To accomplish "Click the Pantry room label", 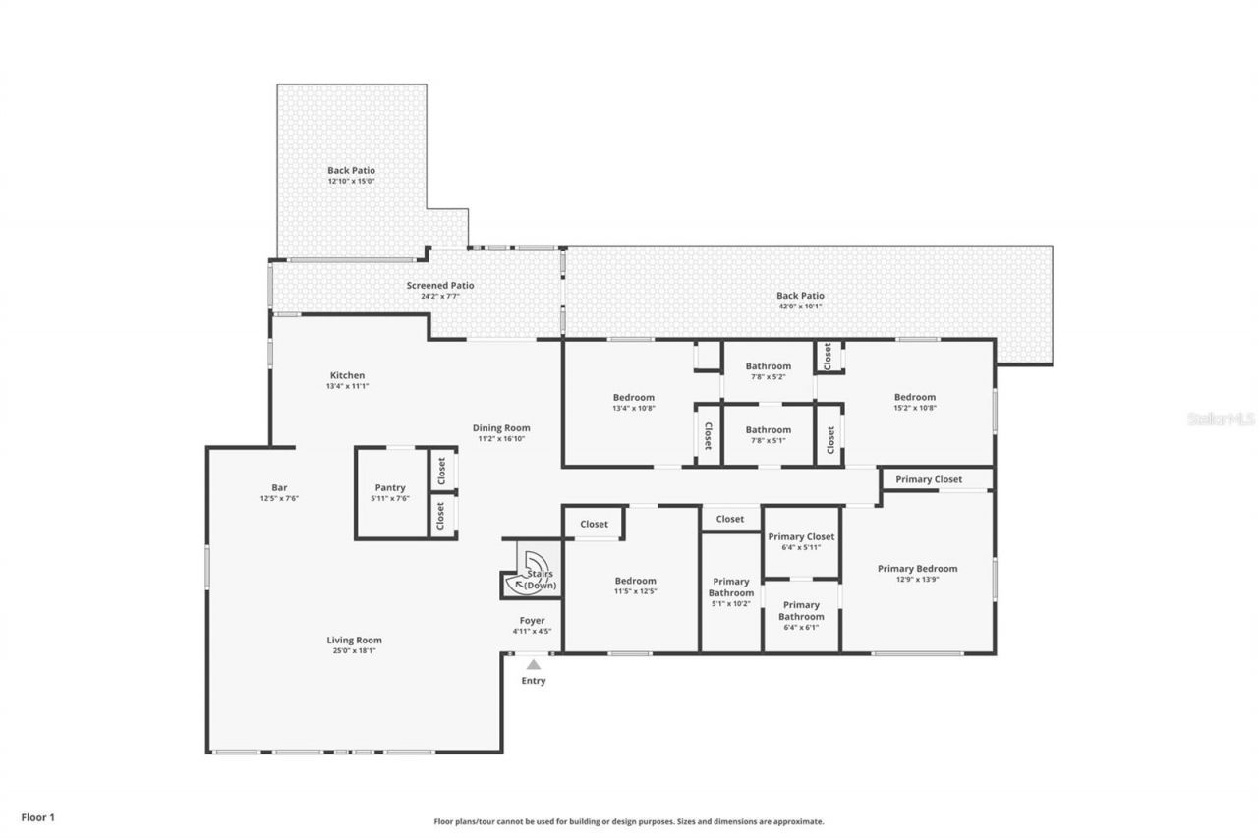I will (x=390, y=487).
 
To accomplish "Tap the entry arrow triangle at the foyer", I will (x=533, y=665).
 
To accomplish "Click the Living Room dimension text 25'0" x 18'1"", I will (x=354, y=650).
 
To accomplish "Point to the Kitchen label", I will (x=347, y=375).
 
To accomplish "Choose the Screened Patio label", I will (x=440, y=286).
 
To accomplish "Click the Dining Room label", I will (x=501, y=427).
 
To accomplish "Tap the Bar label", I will (x=279, y=487).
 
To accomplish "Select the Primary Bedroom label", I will (x=917, y=568).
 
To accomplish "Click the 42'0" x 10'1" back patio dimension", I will (x=800, y=306).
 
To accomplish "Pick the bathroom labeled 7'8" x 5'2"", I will (x=768, y=366).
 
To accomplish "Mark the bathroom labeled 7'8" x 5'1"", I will (x=768, y=429).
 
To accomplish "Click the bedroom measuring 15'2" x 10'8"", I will (x=914, y=397).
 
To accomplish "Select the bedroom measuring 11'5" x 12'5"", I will (x=635, y=581).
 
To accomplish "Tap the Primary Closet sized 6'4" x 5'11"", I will (x=801, y=537).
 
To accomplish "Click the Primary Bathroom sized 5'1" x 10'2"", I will (x=731, y=587).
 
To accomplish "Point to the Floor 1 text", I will (x=38, y=816).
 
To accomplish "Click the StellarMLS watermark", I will (x=1221, y=419).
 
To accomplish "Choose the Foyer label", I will (x=532, y=621).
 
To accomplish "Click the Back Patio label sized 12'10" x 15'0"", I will (x=351, y=170).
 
